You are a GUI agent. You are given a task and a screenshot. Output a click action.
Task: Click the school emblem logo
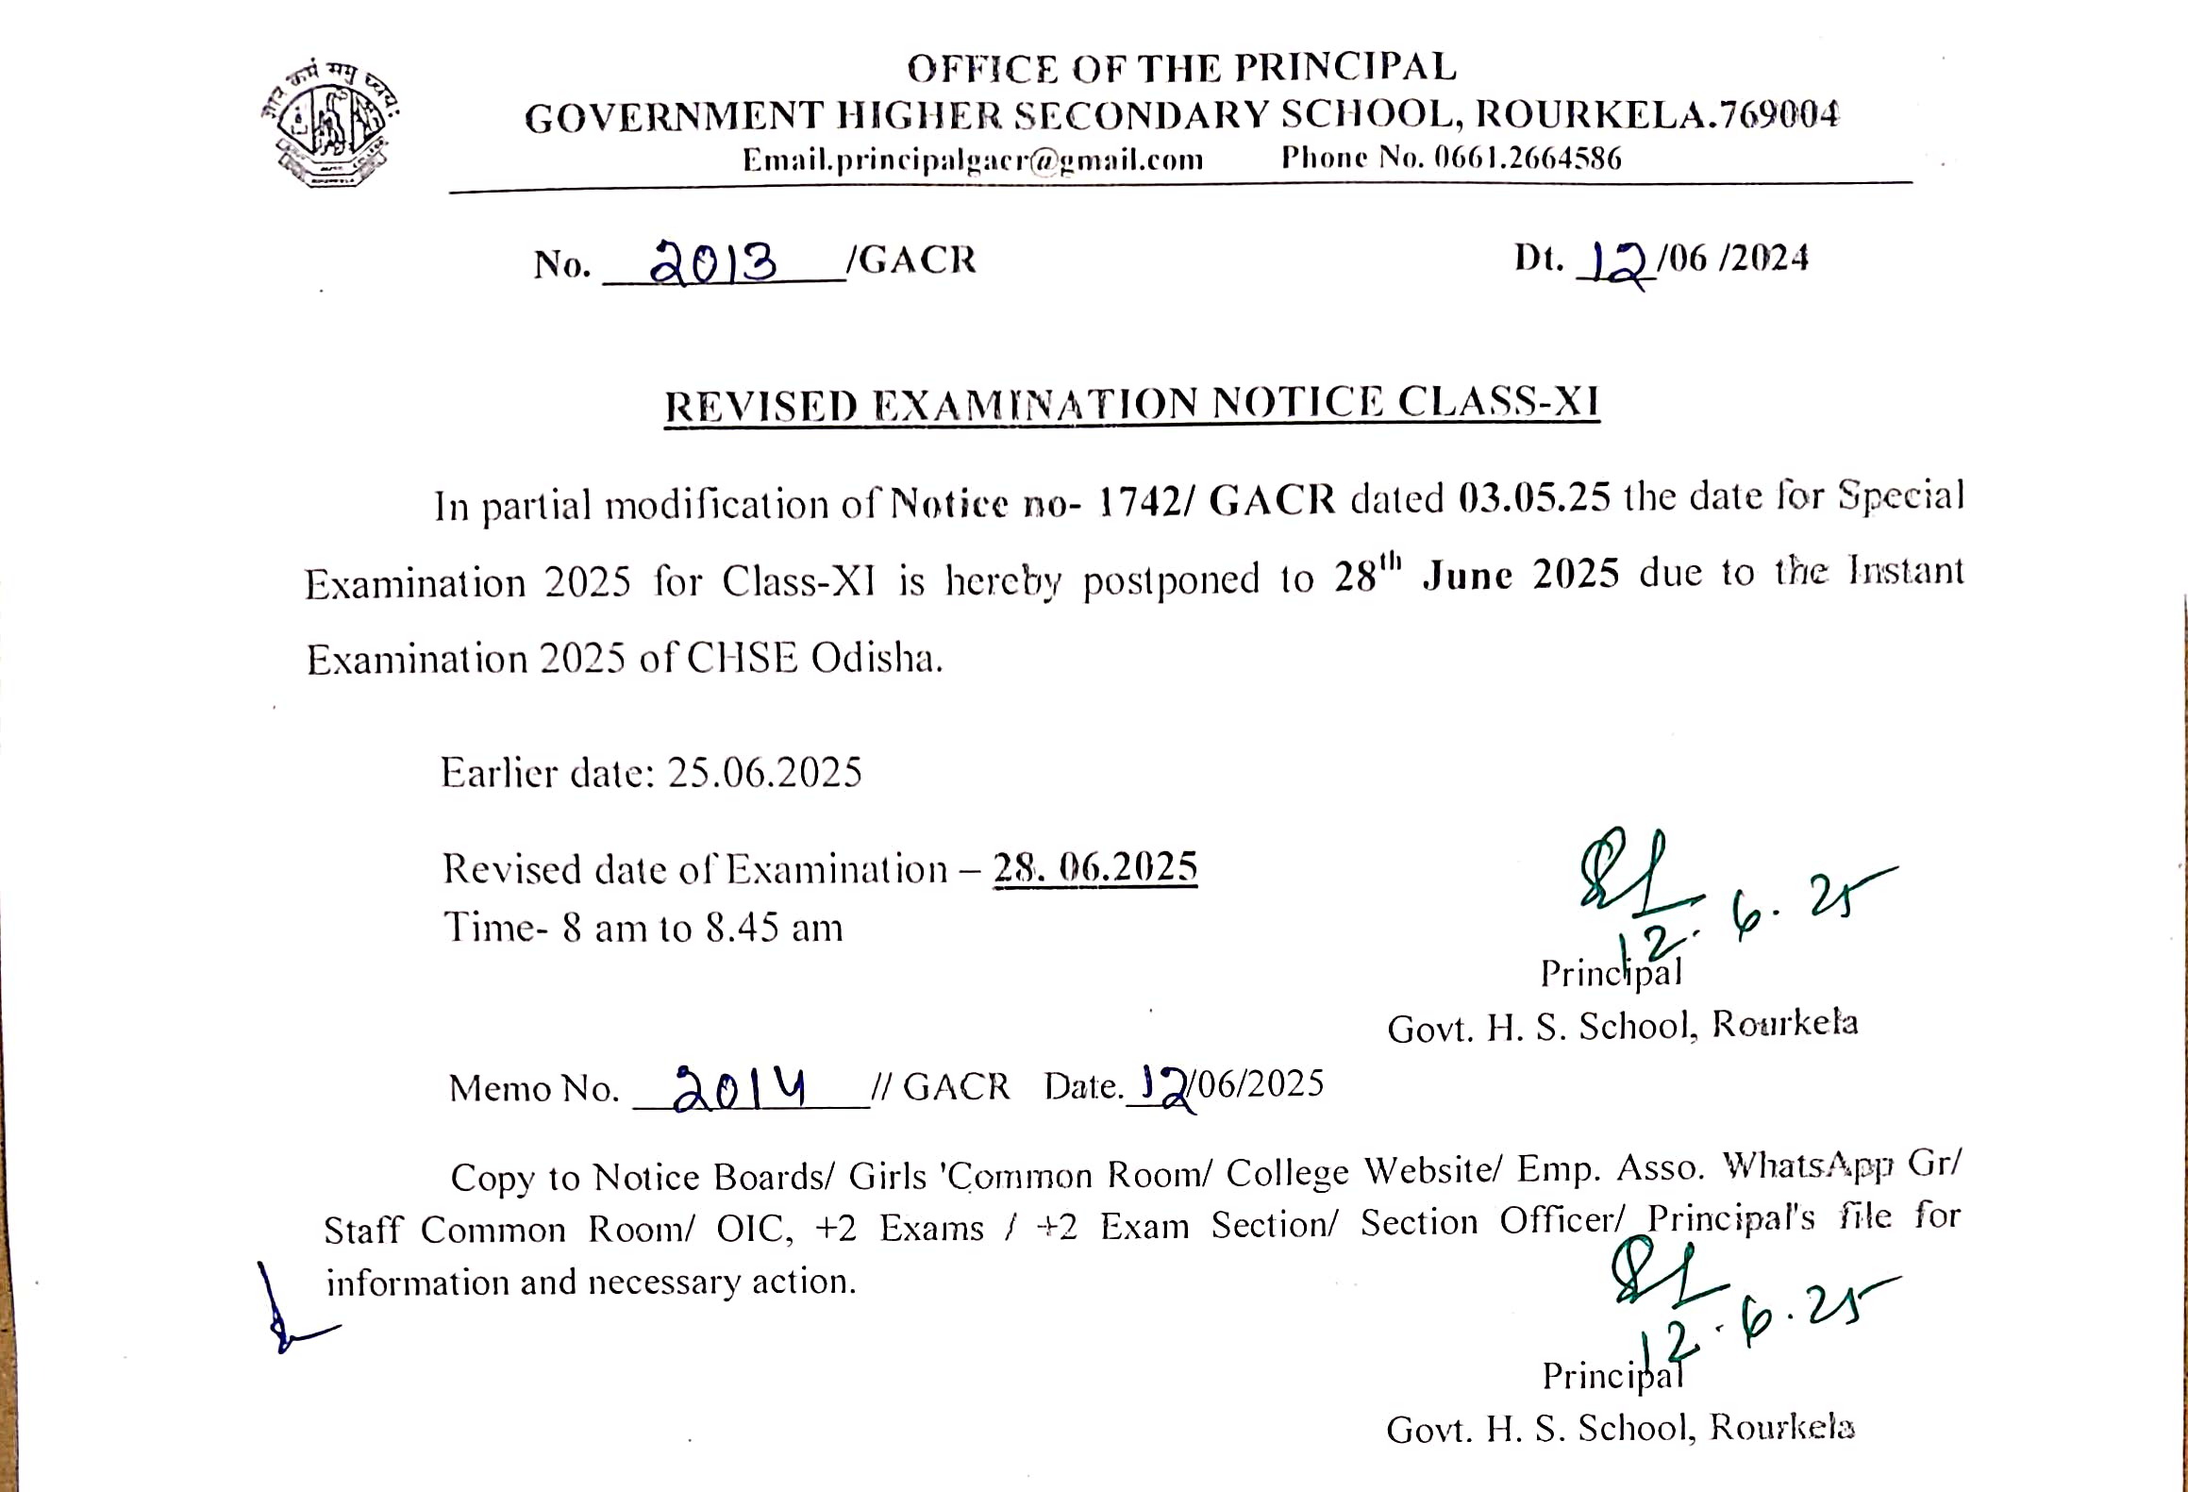330,123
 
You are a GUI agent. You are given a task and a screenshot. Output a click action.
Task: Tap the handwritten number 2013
714,262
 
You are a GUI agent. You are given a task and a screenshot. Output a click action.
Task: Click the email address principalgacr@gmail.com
973,159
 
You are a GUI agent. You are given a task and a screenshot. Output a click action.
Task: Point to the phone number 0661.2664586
1528,158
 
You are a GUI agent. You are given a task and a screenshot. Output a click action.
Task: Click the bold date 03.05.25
1534,497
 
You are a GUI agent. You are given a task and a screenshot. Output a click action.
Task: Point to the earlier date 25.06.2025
764,773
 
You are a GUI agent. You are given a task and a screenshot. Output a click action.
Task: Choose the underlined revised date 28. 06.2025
1094,867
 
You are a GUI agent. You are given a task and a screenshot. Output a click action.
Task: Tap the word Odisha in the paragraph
876,658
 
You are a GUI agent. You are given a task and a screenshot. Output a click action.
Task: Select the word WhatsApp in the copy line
1808,1166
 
